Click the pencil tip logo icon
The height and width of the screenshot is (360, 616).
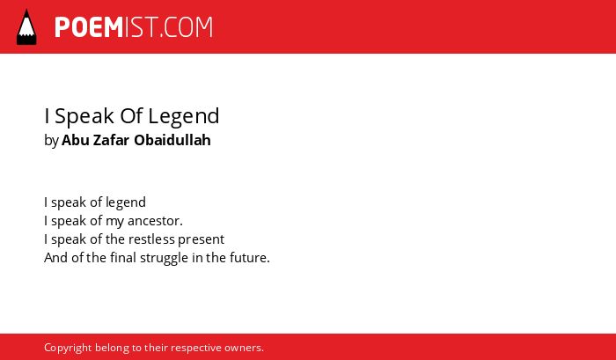26,26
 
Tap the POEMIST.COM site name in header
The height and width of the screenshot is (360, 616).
134,27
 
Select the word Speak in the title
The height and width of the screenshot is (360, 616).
84,116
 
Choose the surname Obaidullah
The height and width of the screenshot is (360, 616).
172,140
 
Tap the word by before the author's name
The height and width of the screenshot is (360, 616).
51,141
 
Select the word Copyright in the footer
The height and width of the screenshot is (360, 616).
68,349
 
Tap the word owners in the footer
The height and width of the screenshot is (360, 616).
242,349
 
